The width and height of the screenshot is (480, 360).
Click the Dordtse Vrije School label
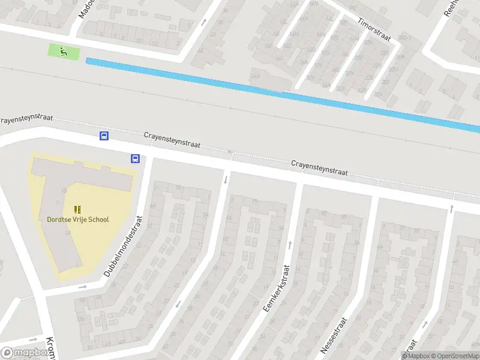pos(78,220)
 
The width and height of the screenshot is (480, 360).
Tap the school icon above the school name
pos(77,209)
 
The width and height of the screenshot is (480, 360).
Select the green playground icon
pos(63,52)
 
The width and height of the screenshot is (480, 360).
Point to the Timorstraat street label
pos(374,29)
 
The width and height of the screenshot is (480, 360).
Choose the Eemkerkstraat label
pos(277,288)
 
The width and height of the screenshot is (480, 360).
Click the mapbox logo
pos(25,353)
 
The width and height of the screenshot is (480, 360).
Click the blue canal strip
pos(282,92)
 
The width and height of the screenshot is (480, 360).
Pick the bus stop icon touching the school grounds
pos(135,159)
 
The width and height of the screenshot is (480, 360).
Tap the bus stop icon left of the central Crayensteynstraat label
pos(104,136)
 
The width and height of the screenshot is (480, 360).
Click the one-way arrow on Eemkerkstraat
pos(290,245)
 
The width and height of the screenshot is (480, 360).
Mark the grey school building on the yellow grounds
pos(66,198)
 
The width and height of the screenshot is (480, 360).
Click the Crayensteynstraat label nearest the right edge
pos(319,168)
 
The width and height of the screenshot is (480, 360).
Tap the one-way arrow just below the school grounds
pos(82,287)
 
